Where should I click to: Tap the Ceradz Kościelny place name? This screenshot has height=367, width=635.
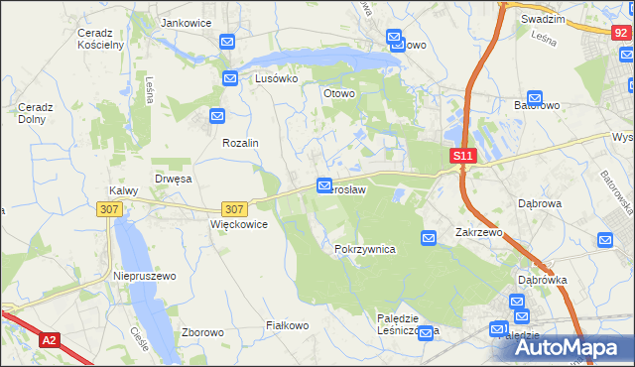pyautogui.click(x=99, y=39)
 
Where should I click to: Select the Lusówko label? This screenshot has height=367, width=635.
pyautogui.click(x=277, y=78)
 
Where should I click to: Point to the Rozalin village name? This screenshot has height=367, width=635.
pyautogui.click(x=240, y=143)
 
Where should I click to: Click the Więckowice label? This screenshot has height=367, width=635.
pyautogui.click(x=239, y=224)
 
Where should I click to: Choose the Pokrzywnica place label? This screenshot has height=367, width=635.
pyautogui.click(x=365, y=250)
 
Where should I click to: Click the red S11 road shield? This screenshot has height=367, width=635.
pyautogui.click(x=463, y=156)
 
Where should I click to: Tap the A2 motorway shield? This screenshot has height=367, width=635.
pyautogui.click(x=50, y=340)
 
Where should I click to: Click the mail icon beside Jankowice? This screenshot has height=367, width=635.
pyautogui.click(x=227, y=42)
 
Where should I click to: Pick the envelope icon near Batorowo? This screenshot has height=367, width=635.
pyautogui.click(x=536, y=99)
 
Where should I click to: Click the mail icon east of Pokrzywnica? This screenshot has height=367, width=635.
pyautogui.click(x=429, y=238)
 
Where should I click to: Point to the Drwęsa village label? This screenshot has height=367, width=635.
pyautogui.click(x=173, y=180)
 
